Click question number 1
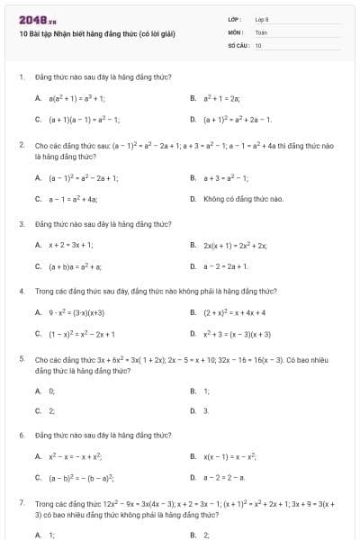point(21,77)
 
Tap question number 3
point(21,223)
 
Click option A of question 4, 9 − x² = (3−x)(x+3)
point(76,312)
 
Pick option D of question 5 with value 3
point(206,410)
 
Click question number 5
point(21,359)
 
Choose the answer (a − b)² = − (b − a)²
point(81,478)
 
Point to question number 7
point(21,504)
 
